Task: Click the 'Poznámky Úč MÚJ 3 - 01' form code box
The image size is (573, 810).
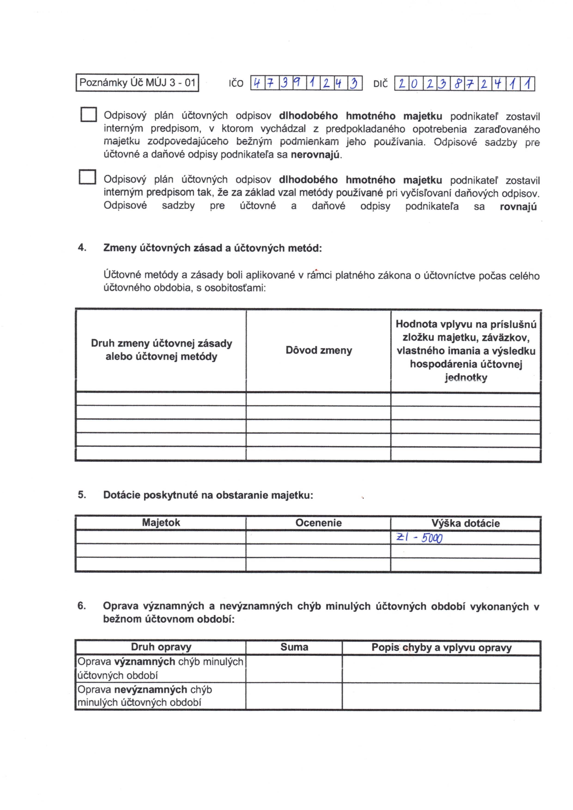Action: coord(137,82)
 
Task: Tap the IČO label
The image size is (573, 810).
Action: coord(236,84)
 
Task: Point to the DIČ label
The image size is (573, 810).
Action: coord(380,84)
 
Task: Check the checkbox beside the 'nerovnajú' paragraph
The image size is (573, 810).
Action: coord(88,114)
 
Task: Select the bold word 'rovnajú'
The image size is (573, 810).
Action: coord(518,207)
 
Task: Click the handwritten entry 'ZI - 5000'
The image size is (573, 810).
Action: coord(419,538)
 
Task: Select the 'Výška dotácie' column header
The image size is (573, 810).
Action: coord(465,523)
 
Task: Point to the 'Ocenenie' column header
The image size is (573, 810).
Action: coord(318,523)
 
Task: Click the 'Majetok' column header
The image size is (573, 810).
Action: coord(161,522)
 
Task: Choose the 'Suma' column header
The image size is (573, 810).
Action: coord(294,647)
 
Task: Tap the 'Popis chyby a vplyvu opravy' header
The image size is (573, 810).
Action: coord(441,647)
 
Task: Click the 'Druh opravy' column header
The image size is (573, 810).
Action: coord(161,647)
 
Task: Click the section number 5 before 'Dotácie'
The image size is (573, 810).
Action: coord(82,495)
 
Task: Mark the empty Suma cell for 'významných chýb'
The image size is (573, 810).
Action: coord(294,668)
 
